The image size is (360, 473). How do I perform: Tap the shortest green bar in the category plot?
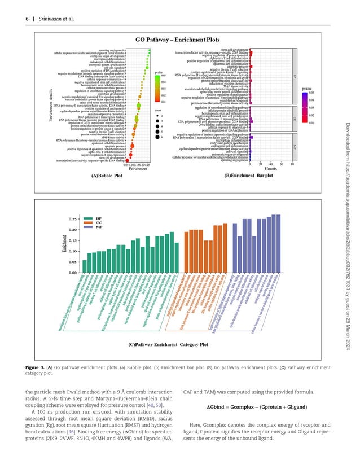click(x=85, y=266)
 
